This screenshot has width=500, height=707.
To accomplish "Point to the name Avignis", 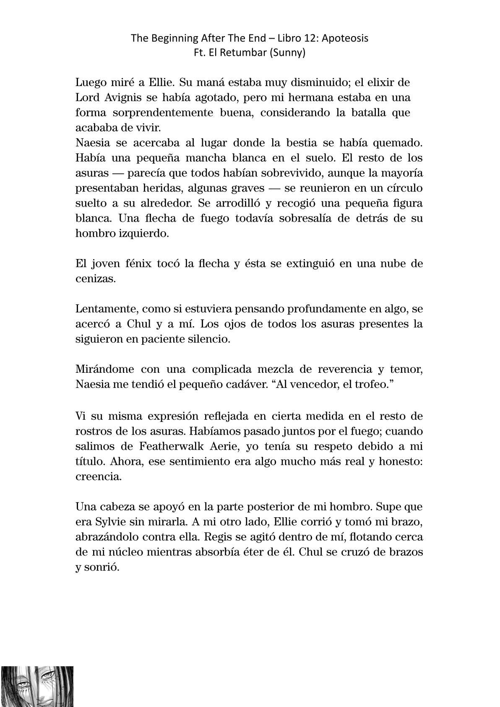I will pos(122,98).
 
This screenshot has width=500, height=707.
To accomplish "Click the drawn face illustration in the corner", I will pos(37,686).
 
